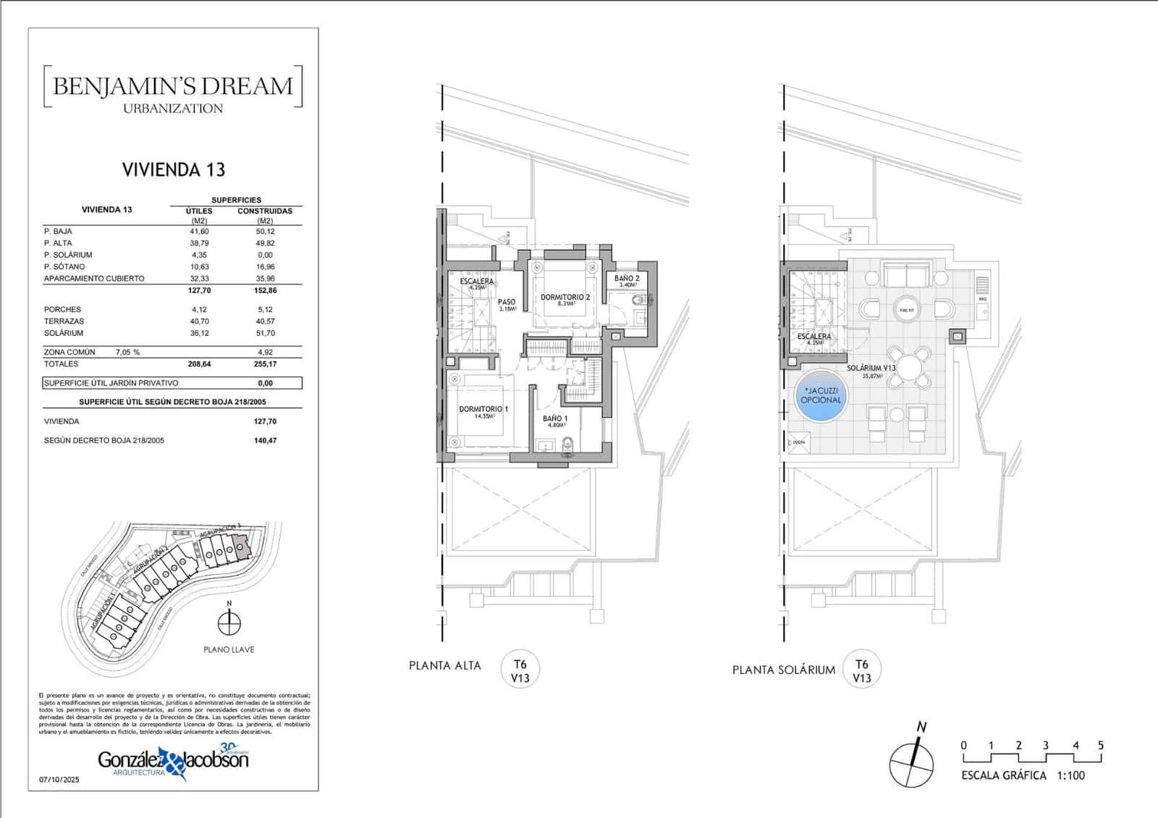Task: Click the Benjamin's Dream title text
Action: tap(173, 86)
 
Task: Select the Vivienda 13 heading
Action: tap(174, 170)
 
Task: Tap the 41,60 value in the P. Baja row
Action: tap(199, 232)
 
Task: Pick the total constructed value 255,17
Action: tap(265, 364)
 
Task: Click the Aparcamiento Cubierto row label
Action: tap(94, 279)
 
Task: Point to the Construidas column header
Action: tap(265, 211)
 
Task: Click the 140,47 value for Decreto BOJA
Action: tap(265, 440)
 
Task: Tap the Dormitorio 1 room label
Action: tap(483, 410)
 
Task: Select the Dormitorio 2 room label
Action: tap(565, 298)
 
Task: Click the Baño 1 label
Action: tap(555, 419)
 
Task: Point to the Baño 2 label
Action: tap(627, 279)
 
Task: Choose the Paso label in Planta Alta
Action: tap(507, 303)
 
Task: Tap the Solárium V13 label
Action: tap(871, 368)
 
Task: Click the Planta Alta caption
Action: tap(444, 666)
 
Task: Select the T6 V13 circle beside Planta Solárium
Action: tap(861, 671)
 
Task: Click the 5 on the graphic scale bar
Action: tap(1100, 746)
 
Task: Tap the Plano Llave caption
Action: tap(229, 650)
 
